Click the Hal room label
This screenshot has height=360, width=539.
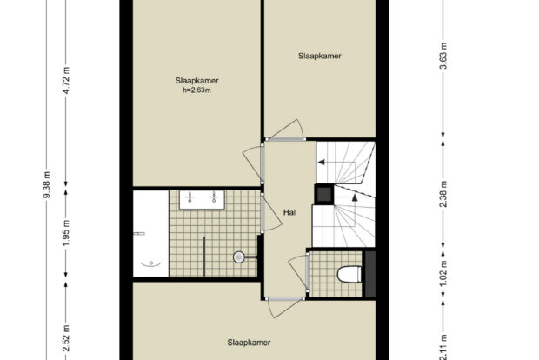point(289,212)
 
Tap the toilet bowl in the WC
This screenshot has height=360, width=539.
point(349,274)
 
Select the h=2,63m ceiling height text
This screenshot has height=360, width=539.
point(196,90)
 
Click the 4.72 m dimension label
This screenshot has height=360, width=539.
point(66,80)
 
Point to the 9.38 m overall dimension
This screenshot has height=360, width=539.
point(47,184)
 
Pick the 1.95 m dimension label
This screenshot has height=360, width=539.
point(66,233)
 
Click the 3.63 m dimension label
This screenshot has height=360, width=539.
point(443,56)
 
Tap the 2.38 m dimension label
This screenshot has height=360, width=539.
point(443,194)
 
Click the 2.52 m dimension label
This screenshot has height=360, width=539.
point(66,338)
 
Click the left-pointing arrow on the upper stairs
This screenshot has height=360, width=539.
point(321,162)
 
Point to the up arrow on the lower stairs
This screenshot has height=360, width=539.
point(355,197)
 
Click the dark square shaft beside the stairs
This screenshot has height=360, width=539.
point(323,194)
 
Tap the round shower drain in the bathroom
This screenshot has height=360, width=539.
point(239,257)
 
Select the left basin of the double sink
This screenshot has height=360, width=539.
point(190,197)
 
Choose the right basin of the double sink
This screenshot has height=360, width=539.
point(214,197)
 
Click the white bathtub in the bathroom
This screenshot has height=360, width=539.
point(151,233)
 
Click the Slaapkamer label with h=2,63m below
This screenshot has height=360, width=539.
point(196,81)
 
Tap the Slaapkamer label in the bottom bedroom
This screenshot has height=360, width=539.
point(249,343)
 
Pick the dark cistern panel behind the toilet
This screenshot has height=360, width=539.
point(369,274)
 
